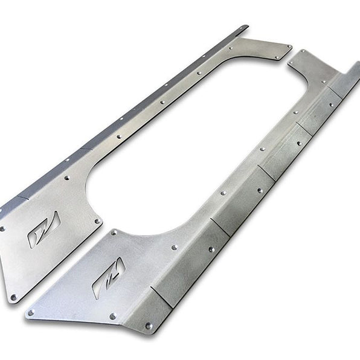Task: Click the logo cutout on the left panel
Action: [43, 230]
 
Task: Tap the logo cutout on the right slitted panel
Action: [108, 278]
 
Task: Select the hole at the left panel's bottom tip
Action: [14, 297]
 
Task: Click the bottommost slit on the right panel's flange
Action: [161, 297]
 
